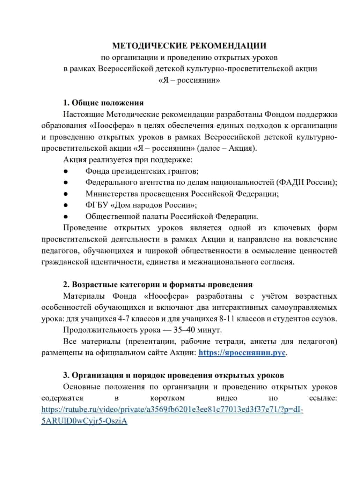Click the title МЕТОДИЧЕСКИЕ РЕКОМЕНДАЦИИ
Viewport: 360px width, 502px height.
coord(189,46)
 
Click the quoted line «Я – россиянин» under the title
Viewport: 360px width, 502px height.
coord(189,80)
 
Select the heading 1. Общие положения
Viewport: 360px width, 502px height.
coord(103,103)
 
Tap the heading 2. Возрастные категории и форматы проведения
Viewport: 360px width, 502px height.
coord(158,285)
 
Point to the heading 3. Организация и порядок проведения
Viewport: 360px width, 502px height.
coord(174,375)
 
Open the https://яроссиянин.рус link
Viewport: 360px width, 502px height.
coord(242,353)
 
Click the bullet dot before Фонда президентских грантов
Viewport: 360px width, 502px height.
coord(65,171)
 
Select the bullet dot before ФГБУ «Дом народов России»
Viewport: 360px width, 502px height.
coord(65,205)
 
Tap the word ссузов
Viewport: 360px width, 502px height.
coord(323,319)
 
